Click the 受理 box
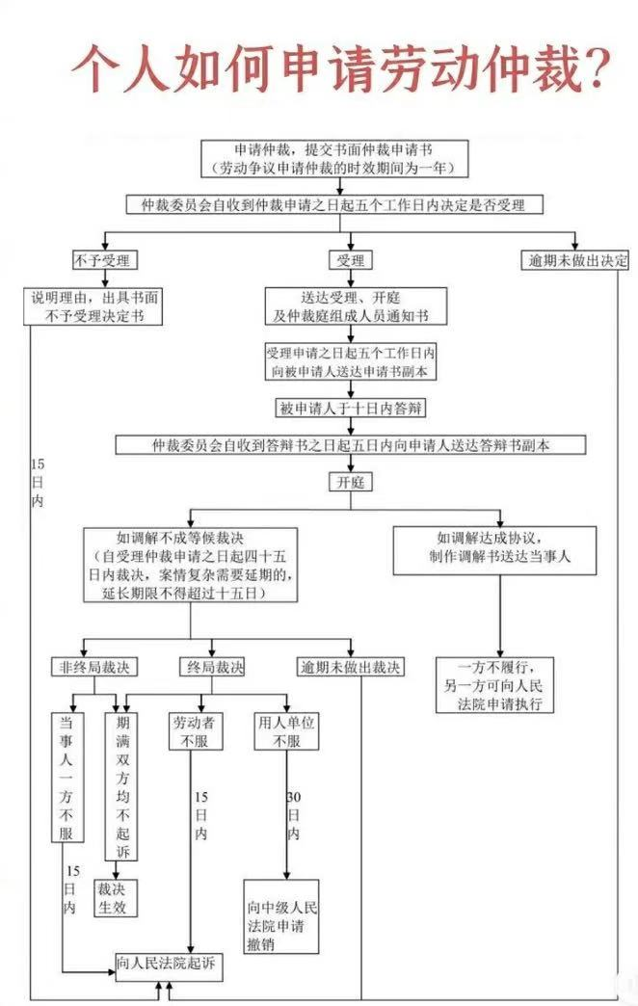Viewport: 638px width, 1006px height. pyautogui.click(x=350, y=260)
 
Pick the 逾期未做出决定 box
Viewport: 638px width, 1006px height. pyautogui.click(x=575, y=260)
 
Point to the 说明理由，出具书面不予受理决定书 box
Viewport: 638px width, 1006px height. pyautogui.click(x=95, y=305)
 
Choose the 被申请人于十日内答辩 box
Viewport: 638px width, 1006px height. pyautogui.click(x=350, y=408)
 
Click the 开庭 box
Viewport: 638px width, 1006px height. pyautogui.click(x=350, y=481)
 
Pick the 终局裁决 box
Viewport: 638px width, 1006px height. pyautogui.click(x=212, y=667)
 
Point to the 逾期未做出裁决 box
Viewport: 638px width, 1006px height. pyautogui.click(x=351, y=667)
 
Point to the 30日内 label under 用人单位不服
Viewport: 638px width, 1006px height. pyautogui.click(x=293, y=815)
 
